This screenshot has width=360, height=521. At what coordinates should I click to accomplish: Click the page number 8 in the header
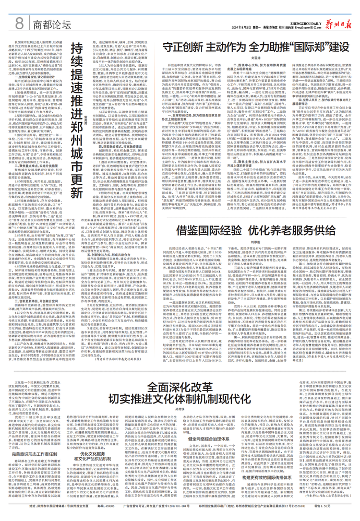(19, 22)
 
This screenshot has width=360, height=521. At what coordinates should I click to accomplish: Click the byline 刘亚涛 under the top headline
(257, 59)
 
